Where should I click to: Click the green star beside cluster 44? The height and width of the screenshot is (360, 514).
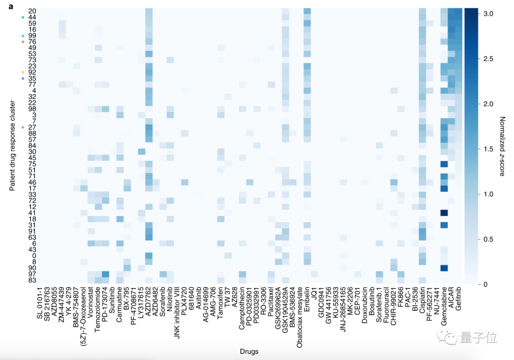coord(22,18)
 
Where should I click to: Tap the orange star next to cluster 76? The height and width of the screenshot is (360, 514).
coord(22,42)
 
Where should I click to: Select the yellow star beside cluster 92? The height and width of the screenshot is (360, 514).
coord(22,72)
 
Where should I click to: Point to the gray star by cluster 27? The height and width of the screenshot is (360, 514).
coord(22,127)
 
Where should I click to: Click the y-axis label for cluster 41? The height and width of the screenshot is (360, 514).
coord(32,213)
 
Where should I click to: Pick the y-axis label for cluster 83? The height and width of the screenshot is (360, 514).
coord(32,280)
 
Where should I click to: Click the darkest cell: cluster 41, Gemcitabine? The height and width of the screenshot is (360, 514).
coord(444,213)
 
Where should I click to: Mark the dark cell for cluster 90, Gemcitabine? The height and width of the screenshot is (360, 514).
coord(444,268)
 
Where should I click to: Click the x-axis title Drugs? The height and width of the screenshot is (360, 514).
coord(249,352)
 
